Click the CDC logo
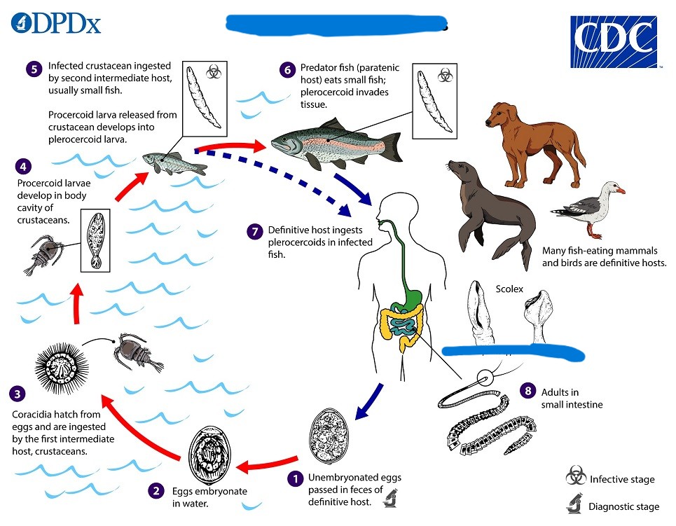click(614, 42)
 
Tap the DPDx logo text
click(56, 24)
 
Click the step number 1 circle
click(296, 478)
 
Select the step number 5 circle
click(34, 69)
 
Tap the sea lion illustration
click(492, 210)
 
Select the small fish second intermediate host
click(174, 163)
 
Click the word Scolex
click(509, 288)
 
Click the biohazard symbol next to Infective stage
click(575, 478)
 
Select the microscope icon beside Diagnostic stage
click(574, 504)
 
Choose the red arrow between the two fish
click(231, 147)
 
